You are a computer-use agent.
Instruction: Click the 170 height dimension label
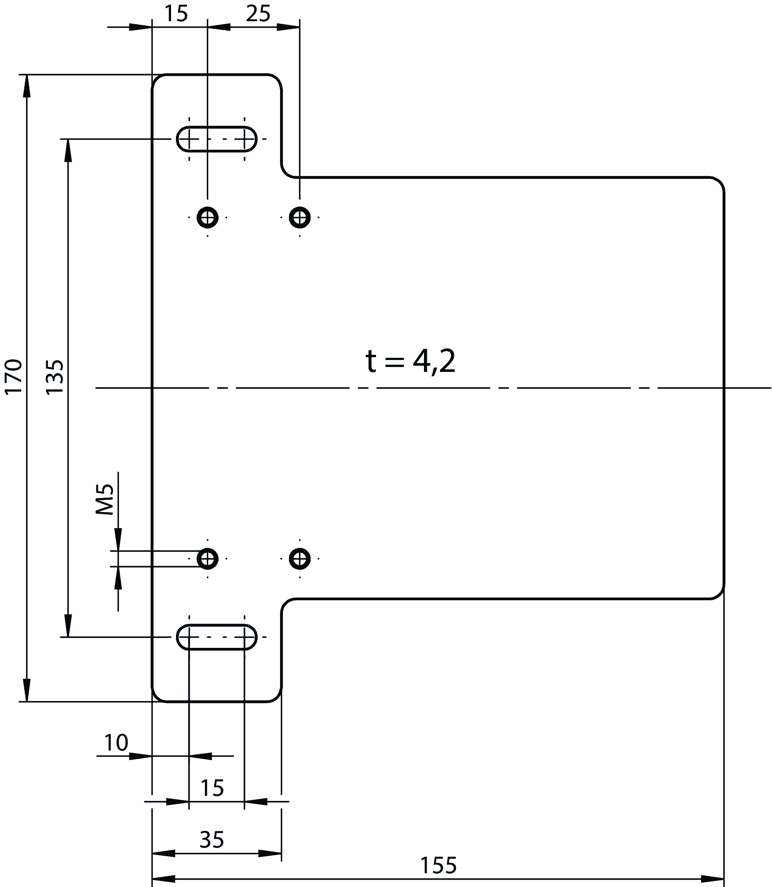[13, 376]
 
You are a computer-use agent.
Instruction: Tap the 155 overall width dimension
[438, 865]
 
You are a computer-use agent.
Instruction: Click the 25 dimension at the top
[258, 14]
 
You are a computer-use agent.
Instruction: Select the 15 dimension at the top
[176, 14]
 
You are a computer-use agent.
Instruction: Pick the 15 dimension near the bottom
[212, 788]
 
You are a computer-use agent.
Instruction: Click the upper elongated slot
[217, 139]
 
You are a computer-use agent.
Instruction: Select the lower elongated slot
[217, 637]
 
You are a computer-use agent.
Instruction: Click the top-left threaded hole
[208, 218]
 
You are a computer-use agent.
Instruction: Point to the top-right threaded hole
[300, 218]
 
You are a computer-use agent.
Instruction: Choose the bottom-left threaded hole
[208, 559]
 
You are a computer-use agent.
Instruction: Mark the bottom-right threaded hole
[300, 559]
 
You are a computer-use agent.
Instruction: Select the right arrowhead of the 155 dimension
[713, 879]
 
